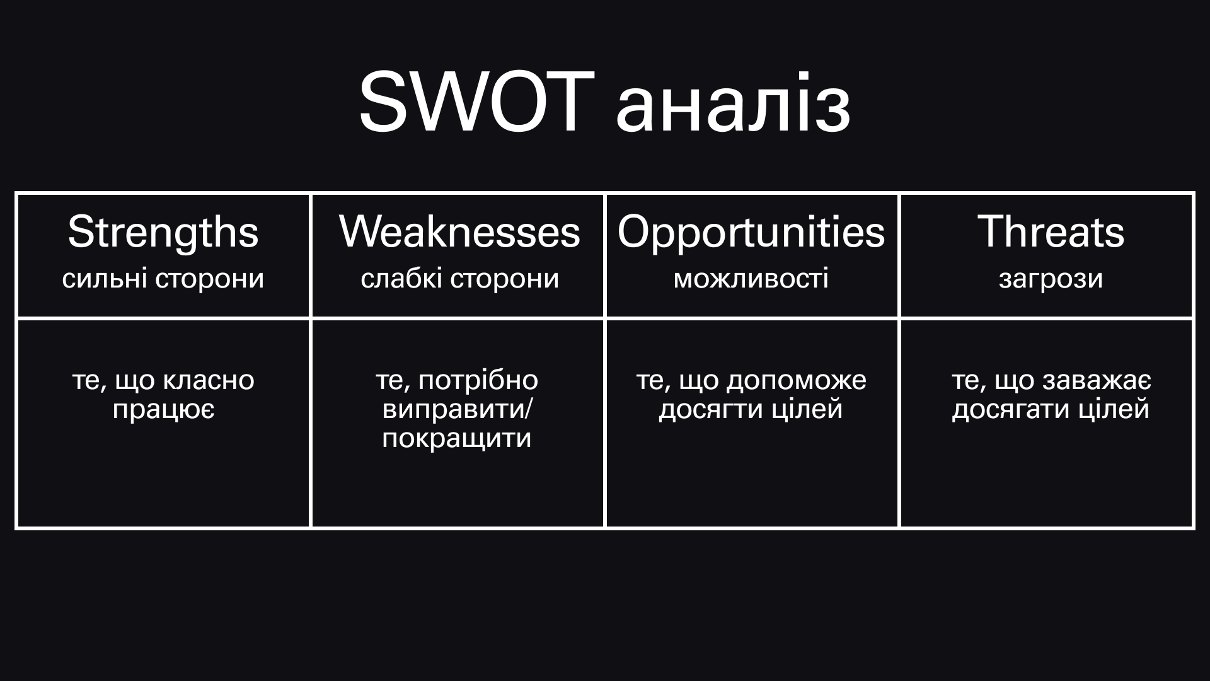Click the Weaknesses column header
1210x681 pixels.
[459, 231]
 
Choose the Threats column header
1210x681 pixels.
[1051, 231]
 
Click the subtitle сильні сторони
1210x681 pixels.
[163, 279]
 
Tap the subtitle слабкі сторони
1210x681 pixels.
[460, 279]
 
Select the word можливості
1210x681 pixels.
[751, 279]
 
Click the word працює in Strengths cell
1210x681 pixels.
[164, 410]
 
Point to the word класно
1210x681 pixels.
[209, 380]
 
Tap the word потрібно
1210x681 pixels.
[478, 381]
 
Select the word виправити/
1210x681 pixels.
[458, 410]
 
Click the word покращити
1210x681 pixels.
[457, 439]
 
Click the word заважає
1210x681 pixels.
[1097, 381]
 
